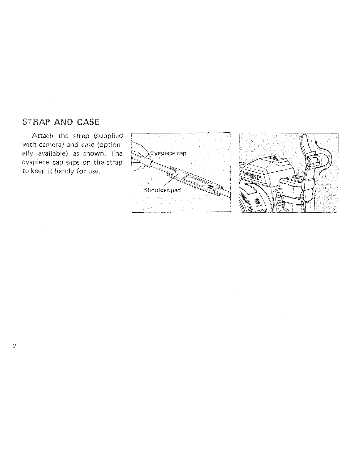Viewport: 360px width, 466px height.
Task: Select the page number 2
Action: (14, 346)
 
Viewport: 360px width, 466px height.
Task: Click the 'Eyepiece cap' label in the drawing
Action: (168, 153)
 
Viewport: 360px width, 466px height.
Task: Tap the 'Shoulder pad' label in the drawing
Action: (163, 190)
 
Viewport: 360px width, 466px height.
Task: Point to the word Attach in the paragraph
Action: (42, 136)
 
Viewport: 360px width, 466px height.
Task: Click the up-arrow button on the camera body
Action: (278, 195)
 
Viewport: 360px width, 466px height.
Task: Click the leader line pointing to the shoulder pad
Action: (171, 180)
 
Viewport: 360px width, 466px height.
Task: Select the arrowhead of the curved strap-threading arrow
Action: (316, 142)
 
